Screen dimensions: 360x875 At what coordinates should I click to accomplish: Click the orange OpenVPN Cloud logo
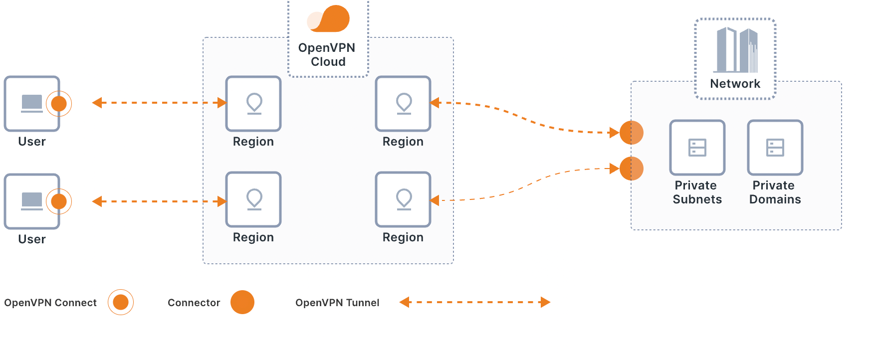(x=329, y=19)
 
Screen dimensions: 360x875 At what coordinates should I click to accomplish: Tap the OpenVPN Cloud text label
(x=327, y=55)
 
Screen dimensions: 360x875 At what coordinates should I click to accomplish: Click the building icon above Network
(x=737, y=50)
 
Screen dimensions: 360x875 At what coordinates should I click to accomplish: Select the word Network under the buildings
(x=735, y=84)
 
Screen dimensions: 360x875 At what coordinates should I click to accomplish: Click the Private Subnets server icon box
(x=697, y=148)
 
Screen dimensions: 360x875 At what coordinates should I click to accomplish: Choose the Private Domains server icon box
(x=775, y=148)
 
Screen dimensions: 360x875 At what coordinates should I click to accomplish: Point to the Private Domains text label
(x=775, y=192)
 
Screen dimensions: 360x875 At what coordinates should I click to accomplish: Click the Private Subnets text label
(x=697, y=192)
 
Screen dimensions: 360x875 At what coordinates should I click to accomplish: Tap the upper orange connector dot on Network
(x=632, y=133)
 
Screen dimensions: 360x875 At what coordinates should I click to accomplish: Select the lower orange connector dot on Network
(x=632, y=169)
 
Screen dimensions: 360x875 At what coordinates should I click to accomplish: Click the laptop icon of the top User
(x=32, y=103)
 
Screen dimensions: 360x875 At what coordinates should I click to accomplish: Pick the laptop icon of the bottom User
(x=32, y=201)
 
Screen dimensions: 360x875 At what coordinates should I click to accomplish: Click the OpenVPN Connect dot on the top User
(x=59, y=104)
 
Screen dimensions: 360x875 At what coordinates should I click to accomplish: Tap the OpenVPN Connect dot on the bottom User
(x=59, y=201)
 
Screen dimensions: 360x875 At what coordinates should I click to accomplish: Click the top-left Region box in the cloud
(x=253, y=104)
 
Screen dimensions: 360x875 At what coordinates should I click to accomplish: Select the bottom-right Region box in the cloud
(x=403, y=199)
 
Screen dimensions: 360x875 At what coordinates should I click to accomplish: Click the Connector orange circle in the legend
(x=242, y=302)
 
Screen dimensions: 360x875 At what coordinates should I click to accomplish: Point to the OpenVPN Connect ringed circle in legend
(x=121, y=302)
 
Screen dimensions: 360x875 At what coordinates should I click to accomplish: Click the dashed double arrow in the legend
(x=474, y=302)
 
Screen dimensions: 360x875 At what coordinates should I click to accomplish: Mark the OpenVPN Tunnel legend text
(x=337, y=303)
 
